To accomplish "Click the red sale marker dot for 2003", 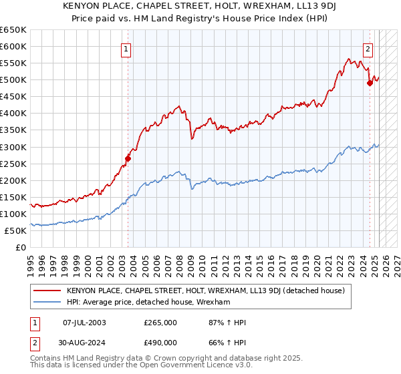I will tap(128, 158).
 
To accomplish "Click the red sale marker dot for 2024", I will tap(370, 83).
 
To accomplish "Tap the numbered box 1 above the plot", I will tap(126, 48).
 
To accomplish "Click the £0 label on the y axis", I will tap(21, 247).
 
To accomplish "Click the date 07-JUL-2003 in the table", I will tap(84, 323).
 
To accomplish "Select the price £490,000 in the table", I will tap(160, 344).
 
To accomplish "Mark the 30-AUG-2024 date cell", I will tap(84, 344).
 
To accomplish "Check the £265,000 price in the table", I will tap(160, 323).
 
